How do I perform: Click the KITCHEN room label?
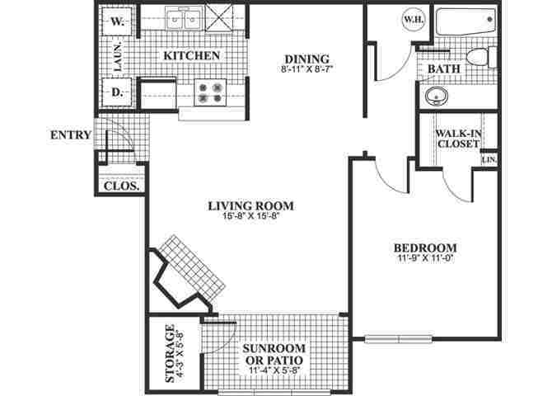click(x=191, y=55)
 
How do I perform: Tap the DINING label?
click(x=306, y=59)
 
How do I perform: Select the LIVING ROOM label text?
click(x=251, y=205)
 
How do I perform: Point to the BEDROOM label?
click(x=423, y=247)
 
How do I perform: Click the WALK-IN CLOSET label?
click(x=457, y=138)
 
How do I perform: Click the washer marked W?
click(x=117, y=23)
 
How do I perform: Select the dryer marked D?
click(x=117, y=92)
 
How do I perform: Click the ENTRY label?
click(x=69, y=135)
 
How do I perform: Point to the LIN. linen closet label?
click(x=489, y=159)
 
